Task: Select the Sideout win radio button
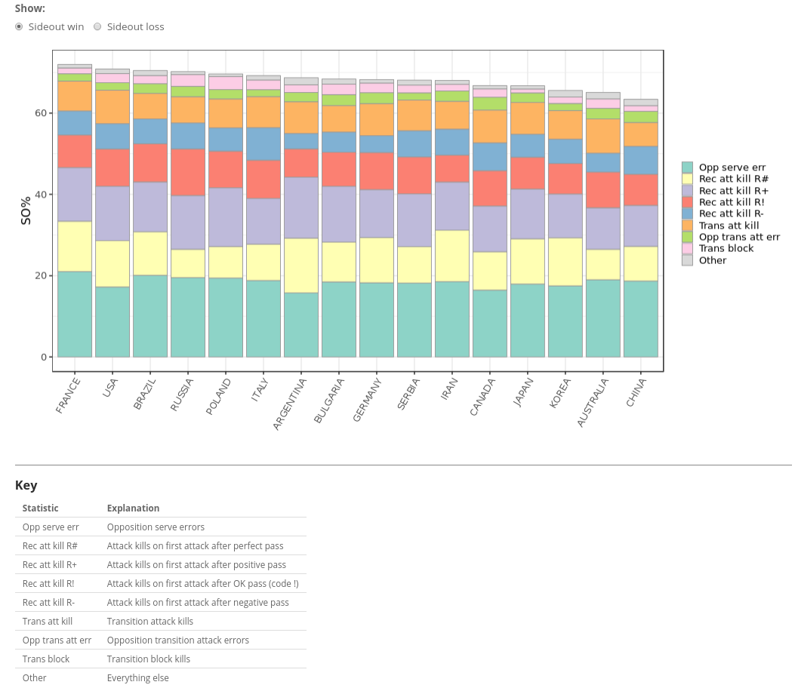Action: [x=20, y=27]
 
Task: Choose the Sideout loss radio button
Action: [x=98, y=27]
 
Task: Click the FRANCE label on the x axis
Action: [x=68, y=395]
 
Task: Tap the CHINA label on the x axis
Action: [x=636, y=392]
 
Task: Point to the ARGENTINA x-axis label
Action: [x=290, y=404]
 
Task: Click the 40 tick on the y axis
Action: [x=39, y=195]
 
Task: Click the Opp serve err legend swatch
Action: [x=687, y=167]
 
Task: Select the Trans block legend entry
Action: [x=726, y=248]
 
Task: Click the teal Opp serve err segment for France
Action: [x=75, y=314]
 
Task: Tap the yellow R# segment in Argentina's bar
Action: [x=301, y=266]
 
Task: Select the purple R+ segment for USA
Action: [x=112, y=213]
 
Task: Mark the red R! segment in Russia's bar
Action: [x=188, y=173]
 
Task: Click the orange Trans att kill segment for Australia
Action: [x=603, y=136]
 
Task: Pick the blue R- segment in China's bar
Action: [x=641, y=161]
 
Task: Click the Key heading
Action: [x=26, y=485]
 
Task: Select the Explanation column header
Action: [x=133, y=508]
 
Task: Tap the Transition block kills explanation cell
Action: [x=149, y=659]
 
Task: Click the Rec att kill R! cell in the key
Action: [x=48, y=583]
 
